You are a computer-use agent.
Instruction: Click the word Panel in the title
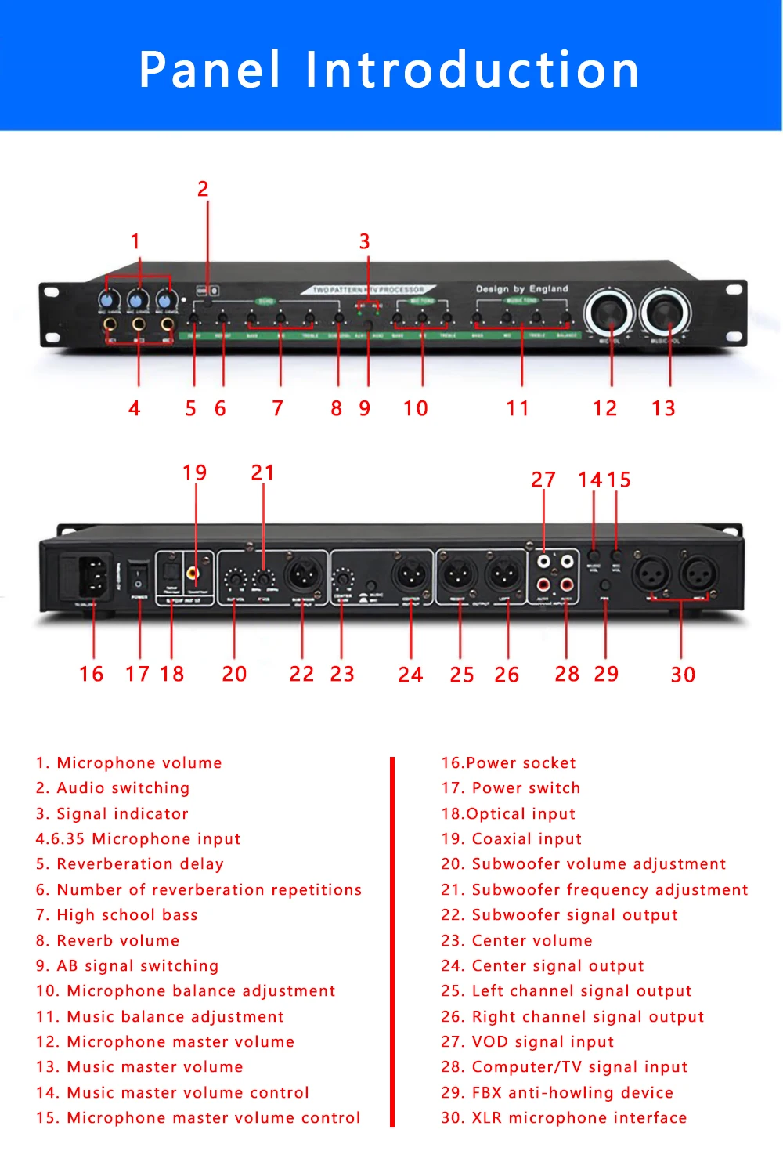(x=210, y=70)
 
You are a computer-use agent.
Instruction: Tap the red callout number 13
(x=663, y=408)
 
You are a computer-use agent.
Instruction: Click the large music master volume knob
(x=666, y=311)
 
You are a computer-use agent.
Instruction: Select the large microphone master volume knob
(x=610, y=312)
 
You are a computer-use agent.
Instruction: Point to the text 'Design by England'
(x=522, y=289)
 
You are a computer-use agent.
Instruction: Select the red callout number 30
(x=683, y=675)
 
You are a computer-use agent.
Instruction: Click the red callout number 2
(x=203, y=189)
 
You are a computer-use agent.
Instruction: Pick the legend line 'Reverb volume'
(x=108, y=940)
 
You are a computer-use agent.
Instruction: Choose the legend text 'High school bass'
(x=117, y=915)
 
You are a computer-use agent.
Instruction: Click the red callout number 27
(x=543, y=480)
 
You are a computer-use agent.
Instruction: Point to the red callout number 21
(x=262, y=472)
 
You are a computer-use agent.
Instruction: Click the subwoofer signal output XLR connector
(x=303, y=576)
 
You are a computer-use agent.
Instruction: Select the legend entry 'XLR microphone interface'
(x=564, y=1117)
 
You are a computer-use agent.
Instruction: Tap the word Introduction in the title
(x=472, y=70)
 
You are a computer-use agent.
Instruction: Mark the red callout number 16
(x=92, y=674)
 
